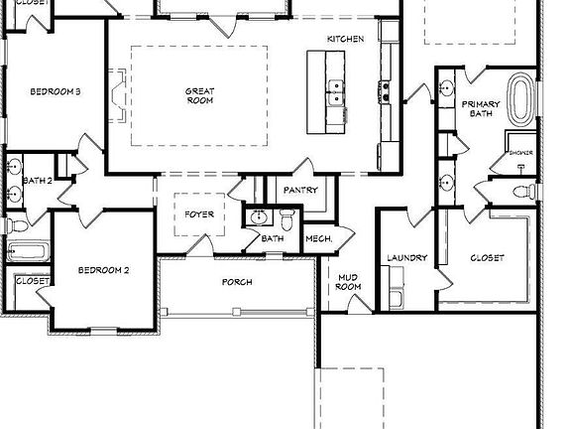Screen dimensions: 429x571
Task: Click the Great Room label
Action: pyautogui.click(x=199, y=95)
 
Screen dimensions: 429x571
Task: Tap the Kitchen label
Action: pyautogui.click(x=346, y=39)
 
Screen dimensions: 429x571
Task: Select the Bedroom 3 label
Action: pyautogui.click(x=55, y=91)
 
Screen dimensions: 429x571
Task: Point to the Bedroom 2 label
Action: pyautogui.click(x=104, y=270)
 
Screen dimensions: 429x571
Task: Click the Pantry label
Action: pyautogui.click(x=299, y=189)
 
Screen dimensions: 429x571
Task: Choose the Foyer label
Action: pyautogui.click(x=199, y=214)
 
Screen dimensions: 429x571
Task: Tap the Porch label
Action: pyautogui.click(x=237, y=282)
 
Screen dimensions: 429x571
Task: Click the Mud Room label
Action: pyautogui.click(x=348, y=282)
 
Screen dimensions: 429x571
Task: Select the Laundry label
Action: pyautogui.click(x=406, y=258)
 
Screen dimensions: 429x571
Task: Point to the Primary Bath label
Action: pyautogui.click(x=480, y=108)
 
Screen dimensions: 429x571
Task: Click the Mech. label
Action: pyautogui.click(x=317, y=238)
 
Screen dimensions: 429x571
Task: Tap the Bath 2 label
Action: pyautogui.click(x=37, y=181)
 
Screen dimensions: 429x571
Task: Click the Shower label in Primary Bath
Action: pyautogui.click(x=520, y=153)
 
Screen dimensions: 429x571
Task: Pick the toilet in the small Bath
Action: pyautogui.click(x=287, y=216)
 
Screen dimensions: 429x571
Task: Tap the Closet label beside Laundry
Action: pyautogui.click(x=486, y=258)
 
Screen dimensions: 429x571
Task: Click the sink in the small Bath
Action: pyautogui.click(x=259, y=217)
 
